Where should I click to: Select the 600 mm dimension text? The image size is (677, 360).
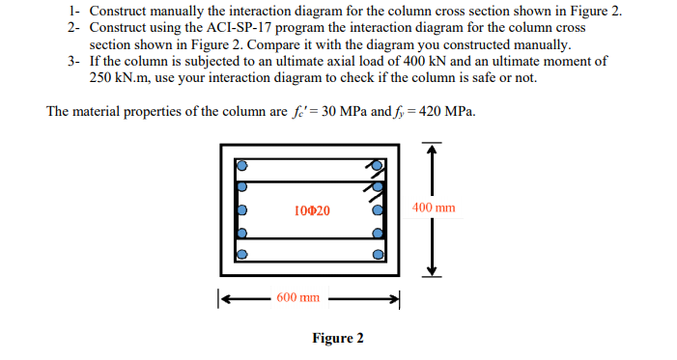tap(298, 297)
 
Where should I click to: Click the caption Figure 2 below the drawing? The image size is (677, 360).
tap(337, 338)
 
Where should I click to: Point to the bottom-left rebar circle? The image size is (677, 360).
tap(242, 255)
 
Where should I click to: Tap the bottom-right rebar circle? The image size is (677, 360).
tap(379, 255)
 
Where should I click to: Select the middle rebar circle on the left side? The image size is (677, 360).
tap(242, 209)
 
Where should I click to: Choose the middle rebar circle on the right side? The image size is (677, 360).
tap(379, 209)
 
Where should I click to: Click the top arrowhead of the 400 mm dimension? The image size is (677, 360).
tap(434, 149)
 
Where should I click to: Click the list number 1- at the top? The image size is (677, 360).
tap(75, 12)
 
